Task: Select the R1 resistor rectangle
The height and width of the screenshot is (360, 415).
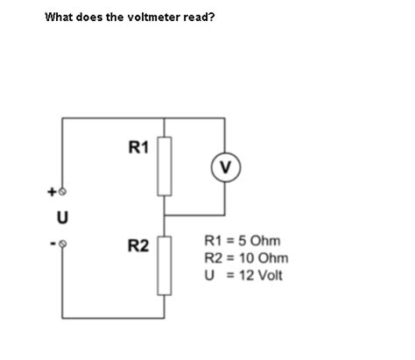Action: (165, 166)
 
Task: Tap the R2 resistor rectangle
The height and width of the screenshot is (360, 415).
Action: (165, 265)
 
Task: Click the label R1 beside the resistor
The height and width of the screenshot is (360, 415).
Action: (138, 146)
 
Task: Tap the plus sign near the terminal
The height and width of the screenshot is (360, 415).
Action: (52, 189)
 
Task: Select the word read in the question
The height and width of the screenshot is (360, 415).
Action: (197, 17)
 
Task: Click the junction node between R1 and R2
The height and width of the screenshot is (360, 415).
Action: (165, 215)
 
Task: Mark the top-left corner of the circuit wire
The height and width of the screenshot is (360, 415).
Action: (62, 119)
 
